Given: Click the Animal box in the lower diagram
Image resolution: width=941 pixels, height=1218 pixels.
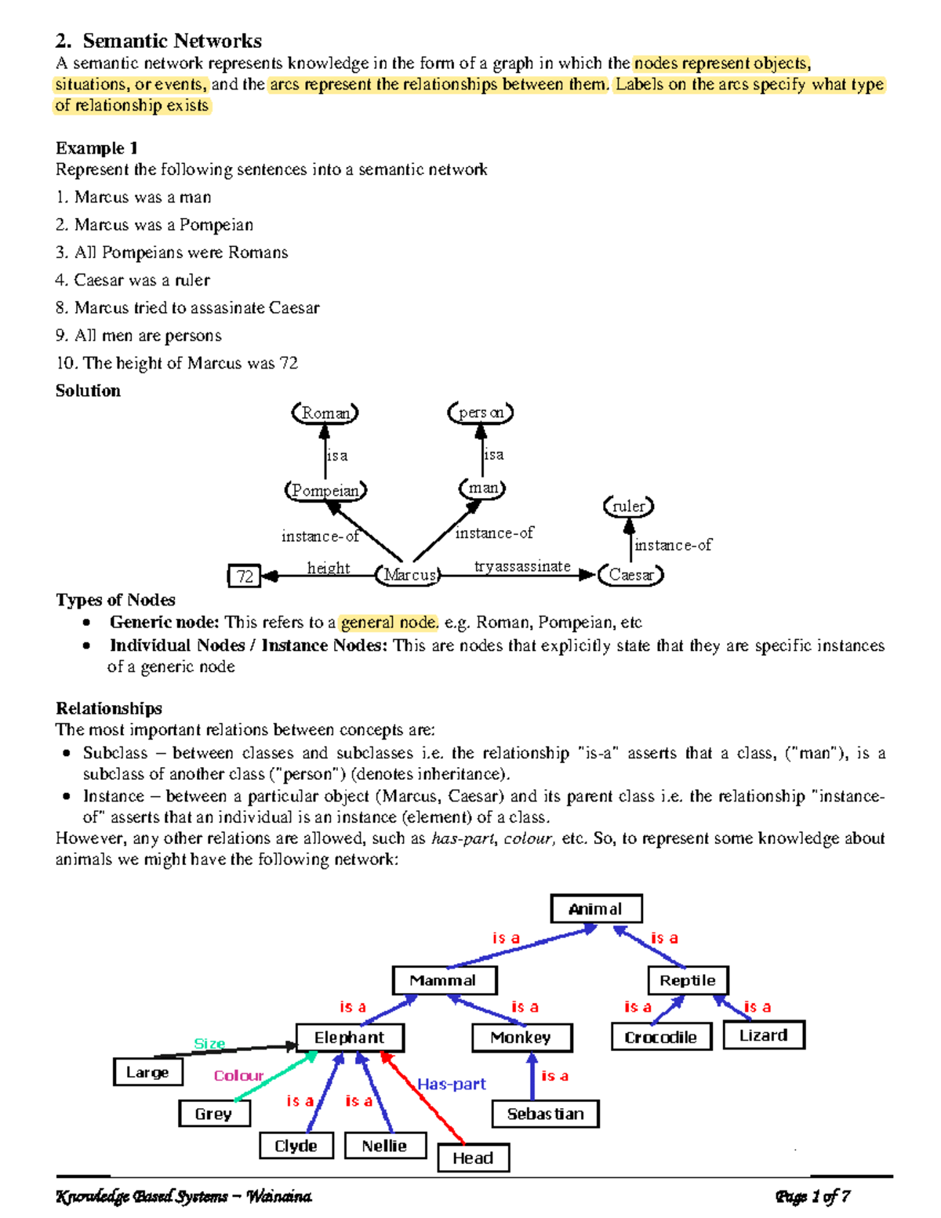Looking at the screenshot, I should click(x=596, y=909).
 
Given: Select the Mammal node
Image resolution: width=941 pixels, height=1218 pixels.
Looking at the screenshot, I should click(x=444, y=980).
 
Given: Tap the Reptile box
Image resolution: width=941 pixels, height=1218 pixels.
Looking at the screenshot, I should click(x=688, y=980).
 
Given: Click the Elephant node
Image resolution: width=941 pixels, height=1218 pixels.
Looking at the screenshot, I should click(x=350, y=1037).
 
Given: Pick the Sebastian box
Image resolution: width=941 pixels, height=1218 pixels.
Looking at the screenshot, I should click(x=545, y=1114).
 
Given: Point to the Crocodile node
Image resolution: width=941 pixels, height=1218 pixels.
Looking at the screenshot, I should click(x=661, y=1037).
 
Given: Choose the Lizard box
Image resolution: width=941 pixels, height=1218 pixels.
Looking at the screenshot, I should click(x=763, y=1035).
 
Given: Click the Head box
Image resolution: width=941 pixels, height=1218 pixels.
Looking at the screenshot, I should click(x=473, y=1158).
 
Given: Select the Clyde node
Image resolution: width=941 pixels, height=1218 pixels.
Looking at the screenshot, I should click(x=296, y=1146).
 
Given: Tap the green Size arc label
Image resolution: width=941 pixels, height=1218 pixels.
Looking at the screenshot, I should click(x=209, y=1044).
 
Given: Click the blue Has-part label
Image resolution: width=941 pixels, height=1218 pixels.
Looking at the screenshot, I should click(x=452, y=1084).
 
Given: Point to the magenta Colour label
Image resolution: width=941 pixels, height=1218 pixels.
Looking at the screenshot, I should click(x=239, y=1076).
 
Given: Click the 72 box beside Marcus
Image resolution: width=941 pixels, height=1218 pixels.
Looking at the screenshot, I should click(x=245, y=576).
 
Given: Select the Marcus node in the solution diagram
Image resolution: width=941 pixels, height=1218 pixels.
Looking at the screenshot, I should click(x=409, y=575).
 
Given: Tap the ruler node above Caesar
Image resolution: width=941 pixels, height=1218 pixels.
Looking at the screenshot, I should click(x=629, y=507).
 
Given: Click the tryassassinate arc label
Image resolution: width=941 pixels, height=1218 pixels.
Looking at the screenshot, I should click(x=522, y=566).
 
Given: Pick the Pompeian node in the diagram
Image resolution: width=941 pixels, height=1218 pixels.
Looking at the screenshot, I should click(x=325, y=490).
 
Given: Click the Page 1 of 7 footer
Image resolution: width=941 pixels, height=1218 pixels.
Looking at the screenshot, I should click(x=812, y=1197).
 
